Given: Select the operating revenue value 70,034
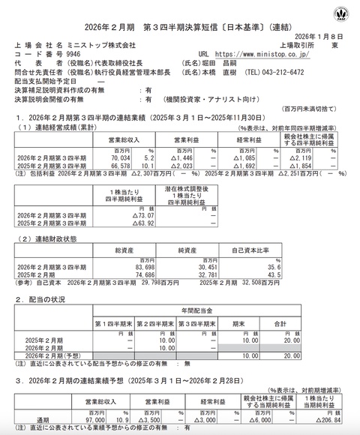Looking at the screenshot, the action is [123, 159].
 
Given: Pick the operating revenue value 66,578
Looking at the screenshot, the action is [123, 166].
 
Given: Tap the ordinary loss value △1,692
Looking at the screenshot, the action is [245, 166].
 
